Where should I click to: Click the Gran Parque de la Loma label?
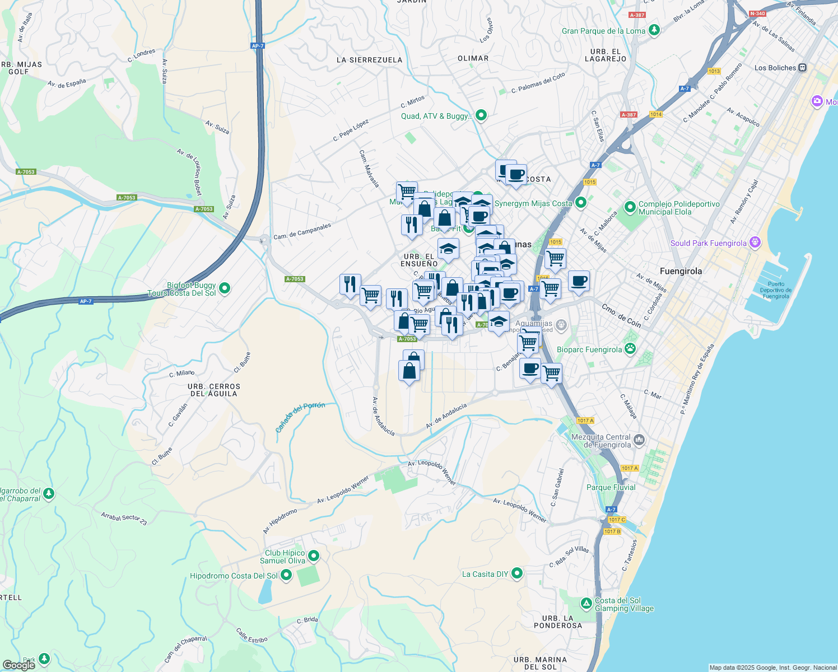[603, 31]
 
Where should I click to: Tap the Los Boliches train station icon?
[803, 68]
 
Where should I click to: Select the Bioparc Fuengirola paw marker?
[630, 349]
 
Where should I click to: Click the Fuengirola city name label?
[681, 271]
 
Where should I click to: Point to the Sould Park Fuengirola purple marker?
[755, 242]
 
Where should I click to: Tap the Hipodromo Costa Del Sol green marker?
[286, 575]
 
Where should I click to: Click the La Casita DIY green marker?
[517, 573]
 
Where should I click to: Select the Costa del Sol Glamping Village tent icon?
[586, 604]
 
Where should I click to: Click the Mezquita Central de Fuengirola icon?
[640, 440]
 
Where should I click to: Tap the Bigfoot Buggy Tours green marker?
[225, 288]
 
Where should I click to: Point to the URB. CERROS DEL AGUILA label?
[214, 390]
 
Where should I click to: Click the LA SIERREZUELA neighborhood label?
[369, 60]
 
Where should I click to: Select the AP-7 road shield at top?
[257, 46]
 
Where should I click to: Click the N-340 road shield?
[757, 13]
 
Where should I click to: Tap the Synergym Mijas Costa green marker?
[581, 203]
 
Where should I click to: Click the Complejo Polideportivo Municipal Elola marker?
[630, 207]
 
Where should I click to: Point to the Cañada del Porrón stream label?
[300, 417]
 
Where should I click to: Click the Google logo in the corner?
[18, 665]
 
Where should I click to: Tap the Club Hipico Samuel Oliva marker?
[314, 556]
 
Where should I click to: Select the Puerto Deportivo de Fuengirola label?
[775, 290]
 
